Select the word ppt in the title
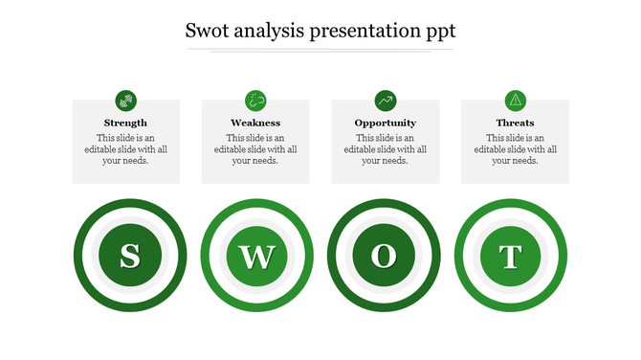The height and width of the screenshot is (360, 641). click(438, 33)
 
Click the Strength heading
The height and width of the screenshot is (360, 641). click(125, 123)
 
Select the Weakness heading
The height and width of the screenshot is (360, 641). click(255, 123)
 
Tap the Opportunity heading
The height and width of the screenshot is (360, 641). click(385, 123)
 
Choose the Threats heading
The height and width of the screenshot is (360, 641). click(515, 123)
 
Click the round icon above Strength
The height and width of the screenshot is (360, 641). click(125, 100)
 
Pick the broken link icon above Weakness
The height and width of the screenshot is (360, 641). click(255, 100)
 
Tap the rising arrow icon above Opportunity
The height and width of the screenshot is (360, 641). click(386, 100)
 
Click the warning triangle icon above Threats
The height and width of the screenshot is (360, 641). click(515, 100)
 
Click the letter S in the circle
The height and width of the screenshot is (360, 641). click(129, 256)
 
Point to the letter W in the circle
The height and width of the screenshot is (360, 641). click(256, 256)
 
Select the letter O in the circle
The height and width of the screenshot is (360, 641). click(384, 256)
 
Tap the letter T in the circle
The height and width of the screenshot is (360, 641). click(511, 256)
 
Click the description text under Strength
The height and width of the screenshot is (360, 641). click(125, 149)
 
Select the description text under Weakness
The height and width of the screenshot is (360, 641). click(255, 149)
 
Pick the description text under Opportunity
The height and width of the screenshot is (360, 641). click(385, 149)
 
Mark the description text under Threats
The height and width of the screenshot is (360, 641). click(515, 149)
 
